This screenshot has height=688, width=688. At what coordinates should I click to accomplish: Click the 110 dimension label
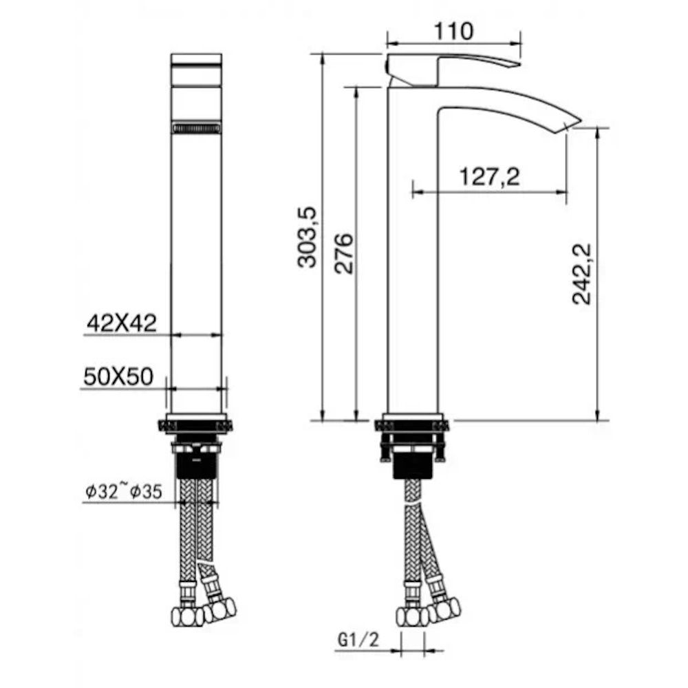(x=454, y=31)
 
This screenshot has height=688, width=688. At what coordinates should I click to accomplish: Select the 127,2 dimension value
(x=490, y=178)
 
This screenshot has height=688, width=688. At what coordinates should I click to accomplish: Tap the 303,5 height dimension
(x=308, y=237)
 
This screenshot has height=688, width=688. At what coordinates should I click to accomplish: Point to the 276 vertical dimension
(x=344, y=253)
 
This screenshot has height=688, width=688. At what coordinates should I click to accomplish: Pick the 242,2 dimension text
(x=582, y=273)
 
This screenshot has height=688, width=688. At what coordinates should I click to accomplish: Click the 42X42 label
(x=122, y=322)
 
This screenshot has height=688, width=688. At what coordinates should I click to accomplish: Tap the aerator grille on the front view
(x=196, y=128)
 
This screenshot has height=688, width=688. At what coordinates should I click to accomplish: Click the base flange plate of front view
(x=196, y=425)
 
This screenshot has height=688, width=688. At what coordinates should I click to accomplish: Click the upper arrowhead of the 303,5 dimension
(x=321, y=58)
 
